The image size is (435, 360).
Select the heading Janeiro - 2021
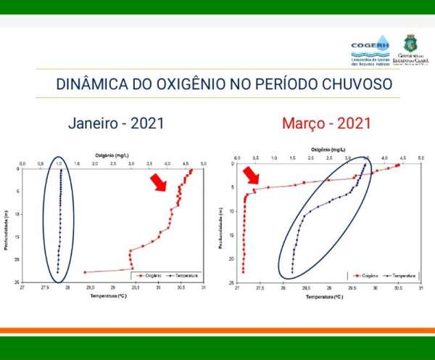coord(116,123)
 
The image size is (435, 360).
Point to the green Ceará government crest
coord(410,43)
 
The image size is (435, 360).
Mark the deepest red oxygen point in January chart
coord(85,272)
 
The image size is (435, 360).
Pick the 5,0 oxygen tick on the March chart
coord(420,157)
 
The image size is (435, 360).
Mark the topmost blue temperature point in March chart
coord(364,165)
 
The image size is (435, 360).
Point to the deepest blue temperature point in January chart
coord(58,272)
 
